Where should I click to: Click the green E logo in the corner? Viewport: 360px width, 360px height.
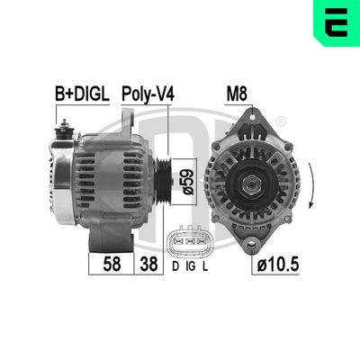click(x=335, y=23)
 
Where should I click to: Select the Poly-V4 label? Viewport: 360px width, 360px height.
click(x=148, y=92)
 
